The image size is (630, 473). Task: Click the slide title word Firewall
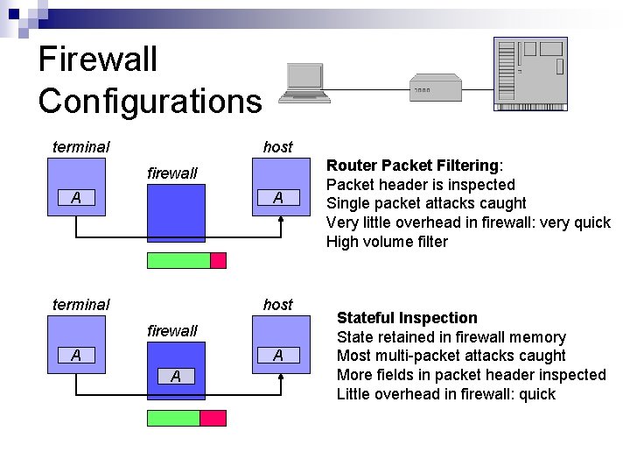click(x=98, y=60)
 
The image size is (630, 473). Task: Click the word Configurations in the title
click(x=150, y=101)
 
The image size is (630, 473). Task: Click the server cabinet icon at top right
click(x=530, y=74)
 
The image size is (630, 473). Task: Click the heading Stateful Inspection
click(x=407, y=318)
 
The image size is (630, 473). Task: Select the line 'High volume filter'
click(x=387, y=242)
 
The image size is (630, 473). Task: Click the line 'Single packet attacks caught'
click(x=426, y=203)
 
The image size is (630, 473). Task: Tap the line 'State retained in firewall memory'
click(x=451, y=337)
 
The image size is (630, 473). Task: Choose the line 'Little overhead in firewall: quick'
click(x=446, y=394)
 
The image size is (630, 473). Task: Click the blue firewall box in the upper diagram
click(x=176, y=215)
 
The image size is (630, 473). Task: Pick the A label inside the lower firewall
click(x=176, y=377)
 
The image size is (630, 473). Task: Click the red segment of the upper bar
click(x=219, y=260)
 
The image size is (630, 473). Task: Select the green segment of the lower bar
click(x=174, y=418)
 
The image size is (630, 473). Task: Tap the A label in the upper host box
click(x=278, y=198)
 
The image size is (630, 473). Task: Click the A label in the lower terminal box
click(x=77, y=355)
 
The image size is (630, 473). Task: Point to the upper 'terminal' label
click(x=81, y=147)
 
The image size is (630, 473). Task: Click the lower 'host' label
click(x=278, y=305)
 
